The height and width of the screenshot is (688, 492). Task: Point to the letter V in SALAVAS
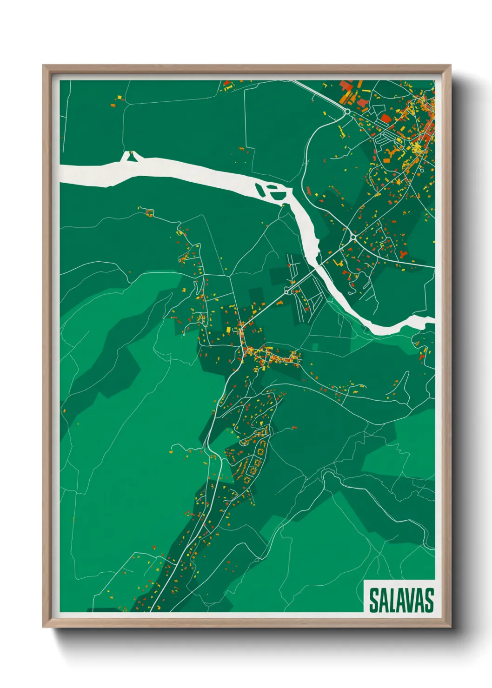point(412,600)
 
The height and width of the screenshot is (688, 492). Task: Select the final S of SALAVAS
point(429,600)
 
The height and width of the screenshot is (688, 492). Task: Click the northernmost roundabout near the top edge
point(347,112)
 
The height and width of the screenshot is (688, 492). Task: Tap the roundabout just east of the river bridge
point(353,237)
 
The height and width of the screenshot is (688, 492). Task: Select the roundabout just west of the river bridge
point(287,291)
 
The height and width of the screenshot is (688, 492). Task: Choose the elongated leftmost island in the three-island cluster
point(259,189)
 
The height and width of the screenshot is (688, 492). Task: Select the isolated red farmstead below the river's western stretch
point(150,213)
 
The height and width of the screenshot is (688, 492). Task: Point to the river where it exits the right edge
point(432,320)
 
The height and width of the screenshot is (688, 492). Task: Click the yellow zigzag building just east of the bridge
point(337,263)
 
